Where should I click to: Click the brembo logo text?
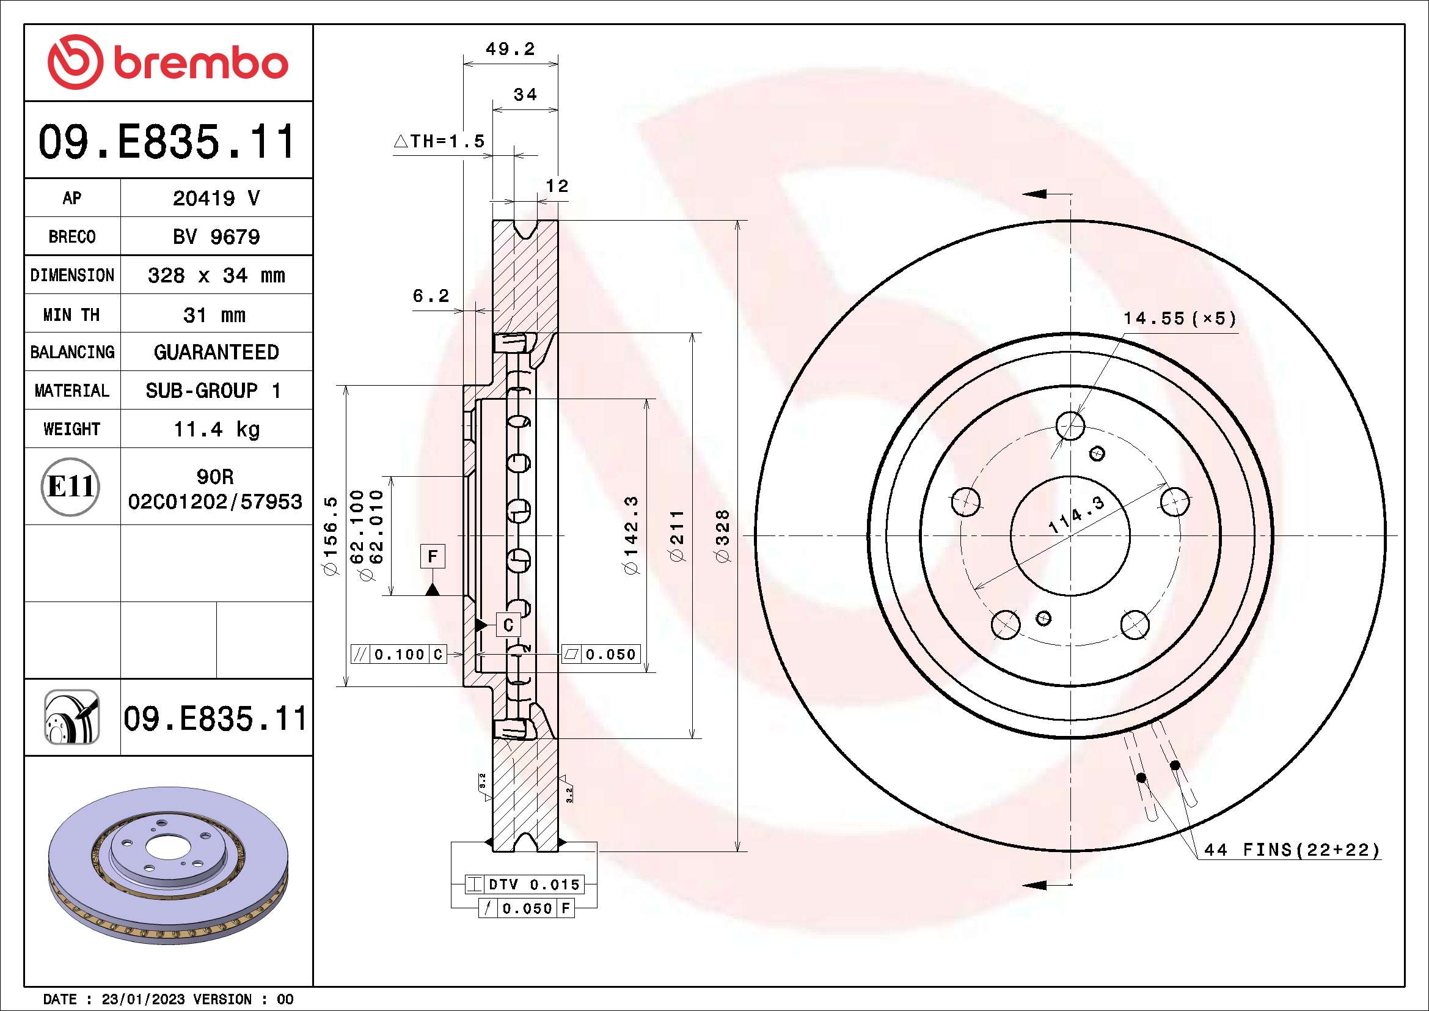200,64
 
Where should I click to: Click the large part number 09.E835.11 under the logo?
167,142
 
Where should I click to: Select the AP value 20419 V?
216,199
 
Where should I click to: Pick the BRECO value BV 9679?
216,237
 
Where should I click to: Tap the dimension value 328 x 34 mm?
216,276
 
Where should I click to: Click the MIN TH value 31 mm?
214,315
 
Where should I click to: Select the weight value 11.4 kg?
216,430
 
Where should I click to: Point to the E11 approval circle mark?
71,487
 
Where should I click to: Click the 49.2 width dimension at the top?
510,49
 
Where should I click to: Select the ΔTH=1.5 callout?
439,141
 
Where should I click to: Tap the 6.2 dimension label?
431,296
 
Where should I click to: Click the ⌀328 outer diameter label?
722,536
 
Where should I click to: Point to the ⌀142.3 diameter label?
630,535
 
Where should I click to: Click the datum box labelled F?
433,556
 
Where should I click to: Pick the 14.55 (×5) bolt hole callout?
1179,318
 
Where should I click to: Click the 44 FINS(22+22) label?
1292,850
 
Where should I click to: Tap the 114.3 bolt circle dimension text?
1076,514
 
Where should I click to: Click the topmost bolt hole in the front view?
1070,426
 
